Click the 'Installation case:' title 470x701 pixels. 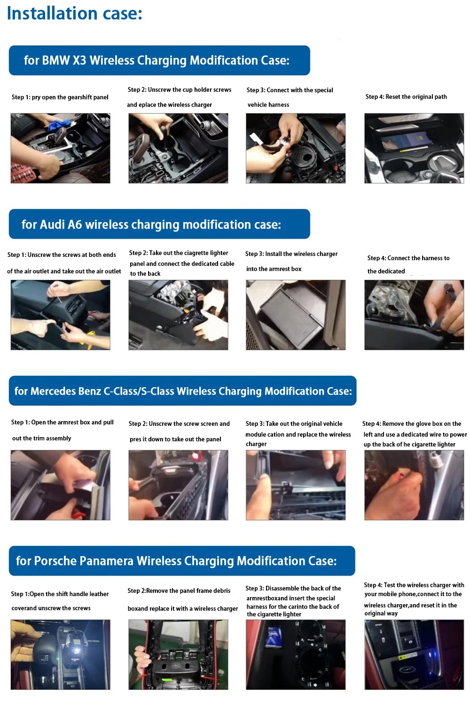(x=74, y=13)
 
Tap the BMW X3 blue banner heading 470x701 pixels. (x=159, y=60)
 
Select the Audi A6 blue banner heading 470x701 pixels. (x=159, y=224)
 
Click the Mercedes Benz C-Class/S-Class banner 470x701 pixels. (x=182, y=390)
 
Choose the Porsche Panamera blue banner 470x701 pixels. (x=181, y=561)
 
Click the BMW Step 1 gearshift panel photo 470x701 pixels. (x=60, y=148)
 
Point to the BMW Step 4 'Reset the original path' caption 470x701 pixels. (x=406, y=96)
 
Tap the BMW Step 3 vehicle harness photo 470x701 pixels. (x=295, y=148)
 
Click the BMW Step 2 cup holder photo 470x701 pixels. (x=178, y=148)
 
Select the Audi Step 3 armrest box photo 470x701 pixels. (x=295, y=315)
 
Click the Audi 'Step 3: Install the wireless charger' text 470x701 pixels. (x=291, y=254)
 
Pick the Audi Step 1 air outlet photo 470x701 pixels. (x=60, y=315)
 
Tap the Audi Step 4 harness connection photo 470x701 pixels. (x=414, y=315)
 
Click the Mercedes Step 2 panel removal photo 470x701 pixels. (x=178, y=485)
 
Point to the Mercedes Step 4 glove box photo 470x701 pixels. (x=414, y=485)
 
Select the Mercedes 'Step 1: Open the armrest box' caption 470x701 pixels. (x=63, y=422)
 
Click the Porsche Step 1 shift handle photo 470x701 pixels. (x=60, y=654)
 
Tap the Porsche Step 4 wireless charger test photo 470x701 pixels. (x=414, y=654)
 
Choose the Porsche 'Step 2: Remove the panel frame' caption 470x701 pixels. (x=179, y=590)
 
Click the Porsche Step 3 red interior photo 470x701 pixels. (x=295, y=654)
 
